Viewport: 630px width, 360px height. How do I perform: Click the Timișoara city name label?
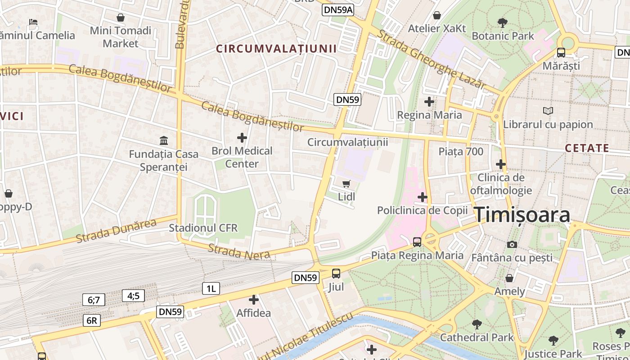(522, 215)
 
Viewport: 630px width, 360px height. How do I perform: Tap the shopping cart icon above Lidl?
(346, 184)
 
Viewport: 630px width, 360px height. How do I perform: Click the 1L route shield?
(211, 288)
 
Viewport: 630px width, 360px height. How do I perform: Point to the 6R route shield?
(91, 320)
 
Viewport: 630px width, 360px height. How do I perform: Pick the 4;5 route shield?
(133, 296)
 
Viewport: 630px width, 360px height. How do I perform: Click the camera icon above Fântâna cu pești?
(512, 244)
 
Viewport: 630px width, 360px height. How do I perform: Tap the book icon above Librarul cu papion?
(548, 111)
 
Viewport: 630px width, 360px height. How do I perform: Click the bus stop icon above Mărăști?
(561, 52)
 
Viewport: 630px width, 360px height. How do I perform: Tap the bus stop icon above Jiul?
(336, 273)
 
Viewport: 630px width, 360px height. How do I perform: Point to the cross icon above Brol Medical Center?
(242, 137)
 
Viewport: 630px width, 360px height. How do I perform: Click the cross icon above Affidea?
(253, 299)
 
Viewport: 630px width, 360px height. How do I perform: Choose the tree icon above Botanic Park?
(503, 22)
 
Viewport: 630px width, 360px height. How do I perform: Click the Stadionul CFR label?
(203, 228)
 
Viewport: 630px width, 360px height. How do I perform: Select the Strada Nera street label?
(238, 252)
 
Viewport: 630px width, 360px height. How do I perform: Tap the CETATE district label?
(587, 148)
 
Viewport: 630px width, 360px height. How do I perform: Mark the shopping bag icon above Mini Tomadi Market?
(121, 18)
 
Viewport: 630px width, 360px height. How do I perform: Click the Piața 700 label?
(461, 151)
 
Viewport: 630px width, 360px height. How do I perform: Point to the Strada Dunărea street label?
(116, 230)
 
